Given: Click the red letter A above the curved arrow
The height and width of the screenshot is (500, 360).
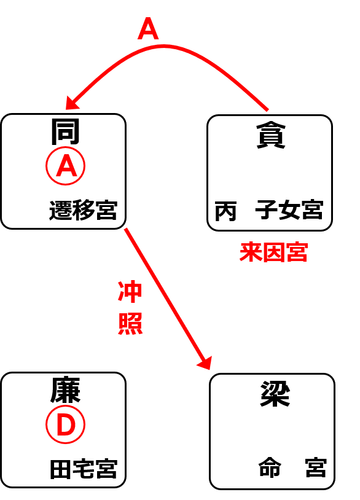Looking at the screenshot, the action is pos(148,29).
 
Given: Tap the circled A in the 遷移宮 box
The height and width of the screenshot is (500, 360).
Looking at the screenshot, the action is pos(65,166).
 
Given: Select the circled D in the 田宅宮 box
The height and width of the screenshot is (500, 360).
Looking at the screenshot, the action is pos(65,424).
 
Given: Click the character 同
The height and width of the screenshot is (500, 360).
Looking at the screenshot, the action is pos(65,131).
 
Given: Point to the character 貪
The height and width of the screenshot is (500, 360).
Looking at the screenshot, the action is pos(271,136).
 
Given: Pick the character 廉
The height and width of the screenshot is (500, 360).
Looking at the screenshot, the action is pos(65,390).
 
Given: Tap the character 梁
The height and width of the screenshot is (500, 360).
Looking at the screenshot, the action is pos(275,394).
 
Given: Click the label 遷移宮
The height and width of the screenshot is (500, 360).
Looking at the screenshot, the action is pos(83,210).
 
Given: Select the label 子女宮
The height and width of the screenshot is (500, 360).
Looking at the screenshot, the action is pos(289,210).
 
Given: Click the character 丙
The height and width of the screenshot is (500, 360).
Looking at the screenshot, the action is pos(225,211).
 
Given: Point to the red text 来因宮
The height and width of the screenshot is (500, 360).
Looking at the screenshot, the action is pos(273,252).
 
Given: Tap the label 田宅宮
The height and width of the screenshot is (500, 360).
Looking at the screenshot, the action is pos(84,469).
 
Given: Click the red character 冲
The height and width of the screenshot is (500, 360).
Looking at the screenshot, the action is pos(130,291).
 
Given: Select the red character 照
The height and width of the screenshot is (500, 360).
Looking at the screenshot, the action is pos(130,324).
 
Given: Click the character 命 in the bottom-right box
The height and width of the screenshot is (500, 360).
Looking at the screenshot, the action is pos(270,468).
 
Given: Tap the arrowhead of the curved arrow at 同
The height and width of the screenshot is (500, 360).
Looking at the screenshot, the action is pos(71,103).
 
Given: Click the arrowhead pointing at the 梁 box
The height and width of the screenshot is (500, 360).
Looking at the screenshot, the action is pos(206,363).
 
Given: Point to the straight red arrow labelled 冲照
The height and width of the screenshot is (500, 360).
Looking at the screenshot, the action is pos(168,299).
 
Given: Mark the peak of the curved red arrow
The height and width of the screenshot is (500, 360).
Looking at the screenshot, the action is pos(164,47).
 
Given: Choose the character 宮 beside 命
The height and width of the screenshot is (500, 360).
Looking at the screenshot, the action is pos(316,468).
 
